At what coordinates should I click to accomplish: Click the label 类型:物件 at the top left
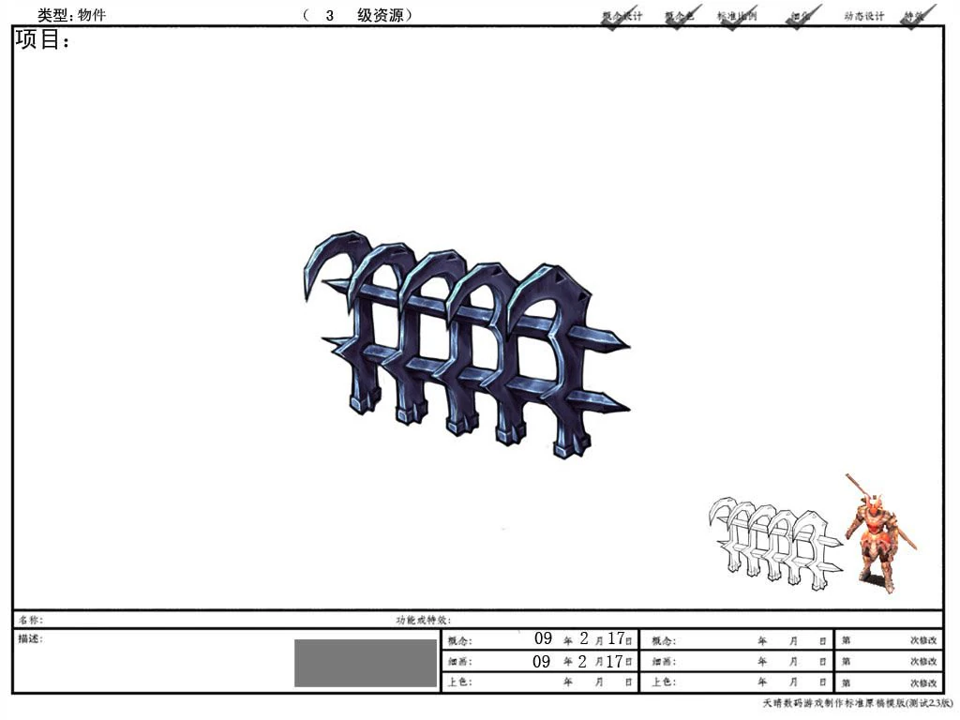pyautogui.click(x=71, y=15)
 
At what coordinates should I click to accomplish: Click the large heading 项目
pyautogui.click(x=42, y=40)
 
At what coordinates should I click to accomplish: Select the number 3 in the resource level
pyautogui.click(x=329, y=15)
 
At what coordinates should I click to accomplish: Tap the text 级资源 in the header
pyautogui.click(x=381, y=15)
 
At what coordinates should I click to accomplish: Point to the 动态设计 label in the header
pyautogui.click(x=863, y=16)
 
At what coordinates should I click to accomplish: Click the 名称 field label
pyautogui.click(x=30, y=620)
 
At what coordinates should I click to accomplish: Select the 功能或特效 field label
pyautogui.click(x=423, y=620)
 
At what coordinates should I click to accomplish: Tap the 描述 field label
pyautogui.click(x=30, y=638)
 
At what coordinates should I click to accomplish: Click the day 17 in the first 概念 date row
pyautogui.click(x=615, y=639)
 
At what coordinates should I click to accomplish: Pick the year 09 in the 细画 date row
pyautogui.click(x=542, y=661)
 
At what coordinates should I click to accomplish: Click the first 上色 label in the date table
pyautogui.click(x=459, y=682)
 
